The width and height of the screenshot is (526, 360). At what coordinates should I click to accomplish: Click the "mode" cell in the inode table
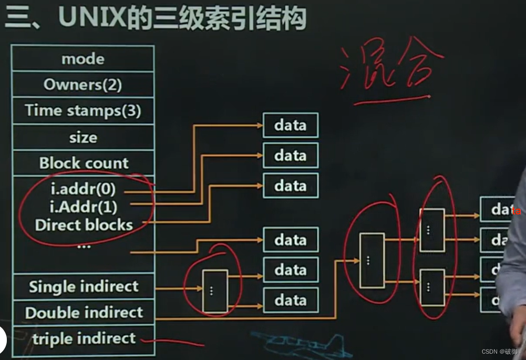click(x=83, y=59)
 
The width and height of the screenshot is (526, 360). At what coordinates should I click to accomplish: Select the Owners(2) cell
click(x=83, y=85)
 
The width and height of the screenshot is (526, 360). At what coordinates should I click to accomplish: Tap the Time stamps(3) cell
click(x=83, y=111)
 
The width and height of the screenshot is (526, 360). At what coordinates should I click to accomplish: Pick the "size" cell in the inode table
click(x=83, y=138)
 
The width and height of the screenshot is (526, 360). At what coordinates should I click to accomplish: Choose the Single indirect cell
click(x=84, y=287)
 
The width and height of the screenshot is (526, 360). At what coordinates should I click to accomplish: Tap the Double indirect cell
click(x=84, y=313)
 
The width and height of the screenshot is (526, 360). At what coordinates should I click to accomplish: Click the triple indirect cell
click(x=84, y=338)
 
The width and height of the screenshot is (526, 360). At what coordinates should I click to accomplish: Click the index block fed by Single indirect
click(x=215, y=291)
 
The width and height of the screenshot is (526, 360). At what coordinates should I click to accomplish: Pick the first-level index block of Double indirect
click(x=372, y=260)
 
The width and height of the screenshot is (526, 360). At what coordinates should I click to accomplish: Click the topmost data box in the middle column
click(x=291, y=126)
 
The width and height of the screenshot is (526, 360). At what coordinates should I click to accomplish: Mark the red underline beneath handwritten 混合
click(x=391, y=99)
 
